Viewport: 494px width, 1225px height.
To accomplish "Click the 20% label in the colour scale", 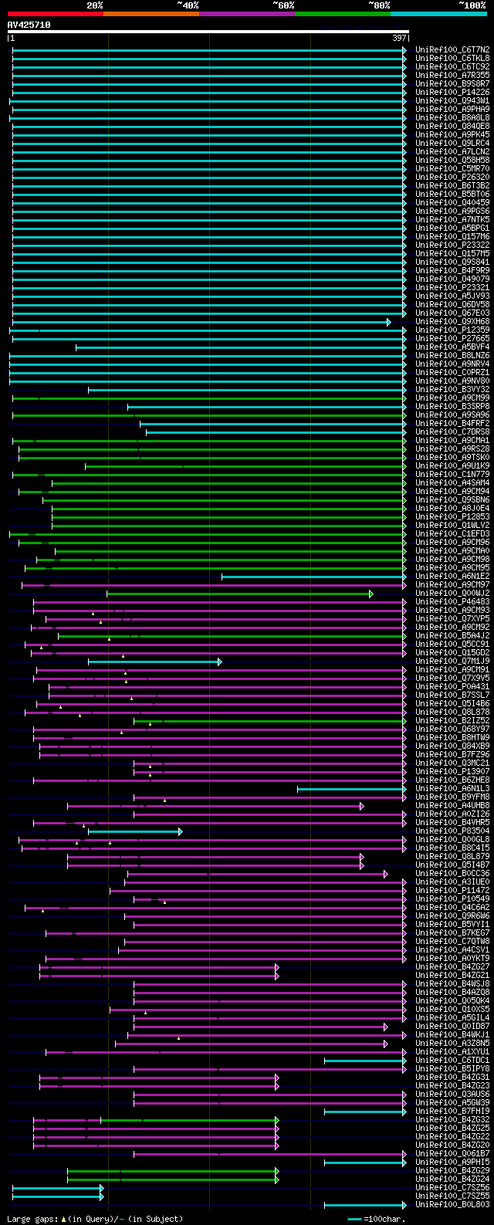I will pyautogui.click(x=95, y=5).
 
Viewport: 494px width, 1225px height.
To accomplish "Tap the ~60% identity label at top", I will pyautogui.click(x=283, y=5).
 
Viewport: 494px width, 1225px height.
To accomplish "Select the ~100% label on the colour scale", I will pyautogui.click(x=472, y=5).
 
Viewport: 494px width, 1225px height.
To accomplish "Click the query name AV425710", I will pyautogui.click(x=29, y=25).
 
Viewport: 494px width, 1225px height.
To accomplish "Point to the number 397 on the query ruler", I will pyautogui.click(x=399, y=38).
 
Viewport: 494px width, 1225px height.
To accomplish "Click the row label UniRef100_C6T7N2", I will pyautogui.click(x=452, y=49).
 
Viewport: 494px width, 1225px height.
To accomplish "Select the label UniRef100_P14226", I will pyautogui.click(x=452, y=92).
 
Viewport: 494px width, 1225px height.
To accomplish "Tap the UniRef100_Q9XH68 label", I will pyautogui.click(x=452, y=321).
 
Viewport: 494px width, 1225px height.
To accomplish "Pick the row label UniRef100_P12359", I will pyautogui.click(x=452, y=330).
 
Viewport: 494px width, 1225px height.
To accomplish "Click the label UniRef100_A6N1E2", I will pyautogui.click(x=452, y=576).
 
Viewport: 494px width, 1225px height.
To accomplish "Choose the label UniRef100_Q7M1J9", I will pyautogui.click(x=452, y=661).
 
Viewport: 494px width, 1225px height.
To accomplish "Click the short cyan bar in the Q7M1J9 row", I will pyautogui.click(x=154, y=662).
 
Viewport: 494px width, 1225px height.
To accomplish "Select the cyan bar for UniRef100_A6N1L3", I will pyautogui.click(x=351, y=789).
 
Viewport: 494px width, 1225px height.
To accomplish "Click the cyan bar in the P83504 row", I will pyautogui.click(x=135, y=831).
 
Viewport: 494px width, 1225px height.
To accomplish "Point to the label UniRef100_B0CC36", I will pyautogui.click(x=452, y=873).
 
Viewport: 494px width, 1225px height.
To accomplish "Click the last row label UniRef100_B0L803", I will pyautogui.click(x=452, y=1204).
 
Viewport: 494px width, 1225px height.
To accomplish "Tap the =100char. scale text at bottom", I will pyautogui.click(x=385, y=1219).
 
